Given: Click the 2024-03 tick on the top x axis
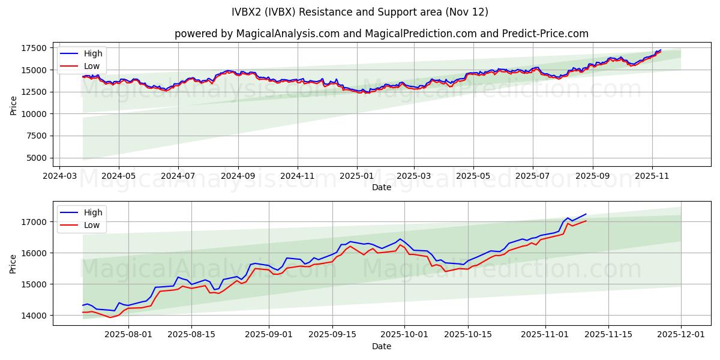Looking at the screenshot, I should point(59,176).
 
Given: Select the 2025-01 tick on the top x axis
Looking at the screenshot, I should point(357,176).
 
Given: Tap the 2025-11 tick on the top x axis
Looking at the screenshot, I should point(651,176).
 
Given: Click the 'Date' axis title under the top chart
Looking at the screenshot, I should point(381,187).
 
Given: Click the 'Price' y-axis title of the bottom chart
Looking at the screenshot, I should point(13,263).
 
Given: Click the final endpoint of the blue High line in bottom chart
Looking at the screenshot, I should point(586,214).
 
